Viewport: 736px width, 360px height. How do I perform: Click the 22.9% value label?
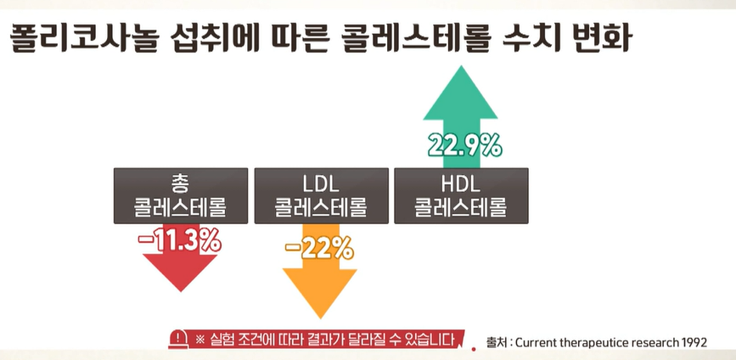click(464, 146)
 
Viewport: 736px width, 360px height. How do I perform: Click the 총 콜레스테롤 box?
click(180, 195)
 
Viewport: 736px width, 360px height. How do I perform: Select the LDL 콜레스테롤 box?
click(320, 195)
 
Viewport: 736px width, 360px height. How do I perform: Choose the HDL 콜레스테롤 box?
click(460, 195)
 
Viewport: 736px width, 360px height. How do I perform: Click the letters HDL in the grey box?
click(460, 183)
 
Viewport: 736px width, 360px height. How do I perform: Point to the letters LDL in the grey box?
click(320, 183)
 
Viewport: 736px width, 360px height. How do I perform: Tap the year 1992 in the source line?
click(692, 342)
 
